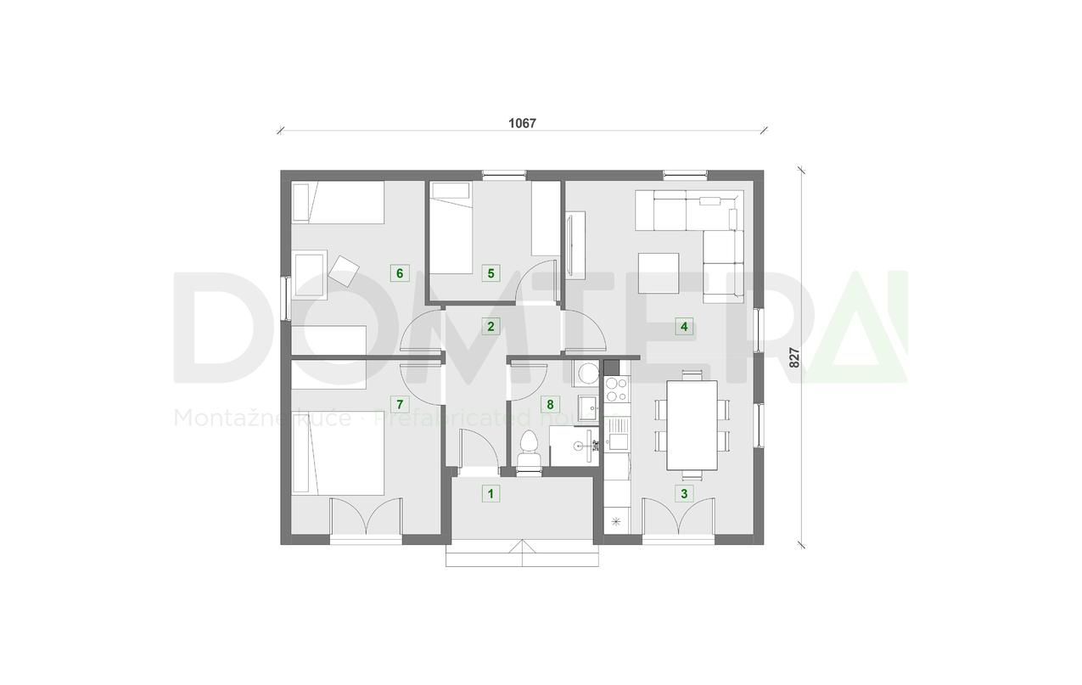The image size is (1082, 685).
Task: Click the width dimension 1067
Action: [x=522, y=122]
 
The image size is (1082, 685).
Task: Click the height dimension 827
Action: [x=795, y=357]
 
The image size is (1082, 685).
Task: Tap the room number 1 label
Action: [x=489, y=492]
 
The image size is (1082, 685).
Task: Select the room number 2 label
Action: [x=489, y=326]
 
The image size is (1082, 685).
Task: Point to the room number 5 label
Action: [x=489, y=272]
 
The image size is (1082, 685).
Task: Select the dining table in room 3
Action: [x=692, y=424]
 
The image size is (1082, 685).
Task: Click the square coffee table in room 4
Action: [x=659, y=274]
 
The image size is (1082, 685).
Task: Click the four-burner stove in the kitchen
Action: [x=616, y=390]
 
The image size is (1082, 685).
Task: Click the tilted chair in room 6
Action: [x=345, y=270]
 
